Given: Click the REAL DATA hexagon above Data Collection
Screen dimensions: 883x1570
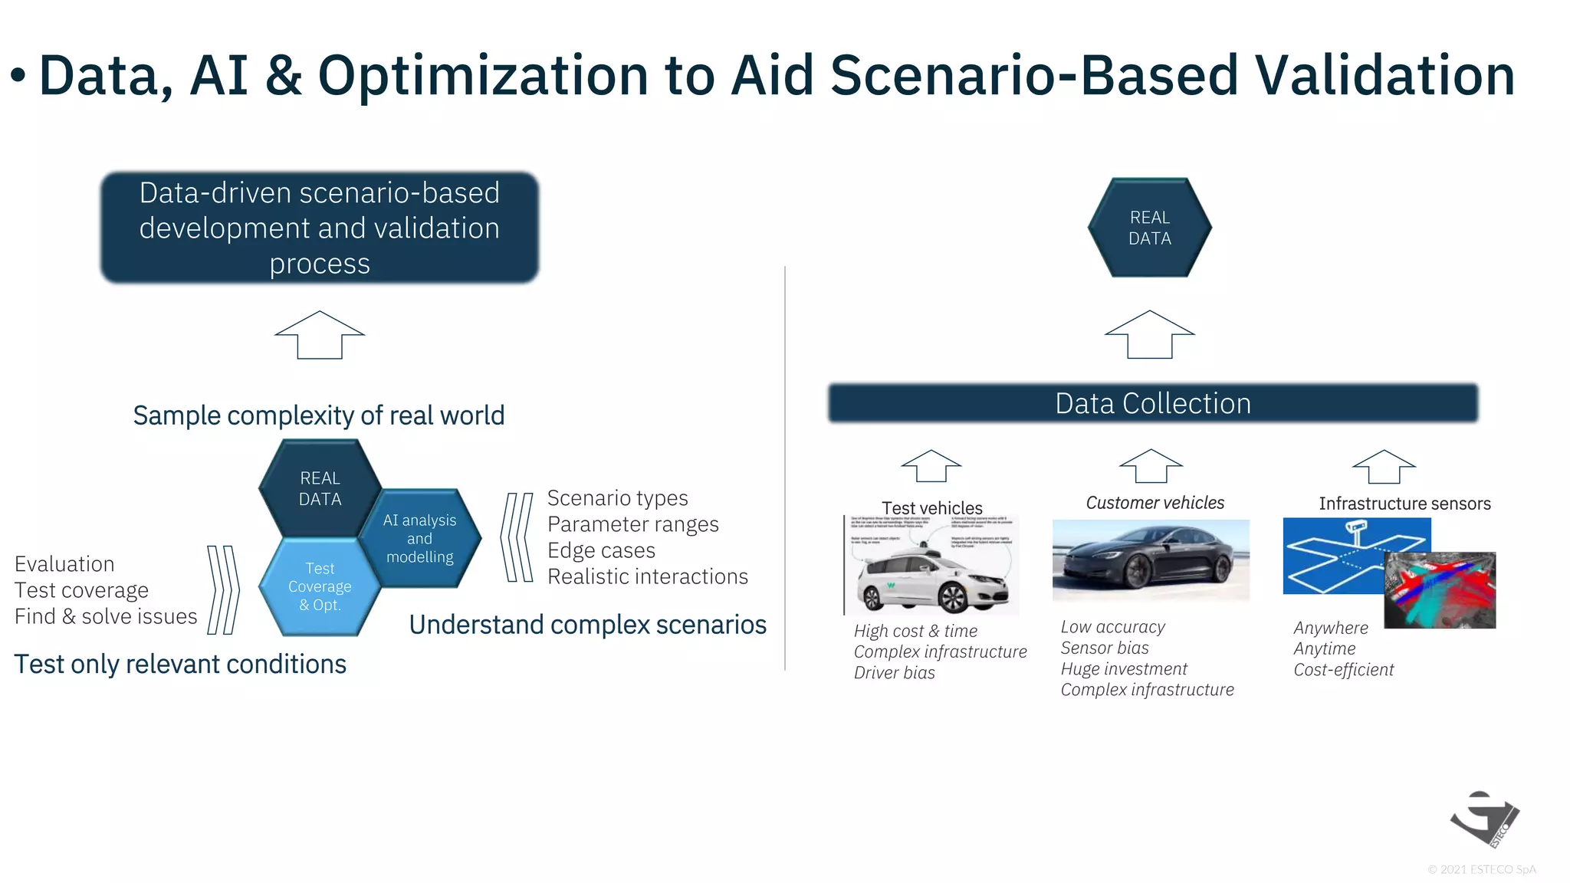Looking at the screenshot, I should click(1149, 228).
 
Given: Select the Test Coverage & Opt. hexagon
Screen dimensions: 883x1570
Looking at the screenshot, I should click(320, 587).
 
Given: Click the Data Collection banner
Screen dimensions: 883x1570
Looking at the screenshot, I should click(1152, 403).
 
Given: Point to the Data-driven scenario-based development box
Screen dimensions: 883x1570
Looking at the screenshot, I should click(320, 228).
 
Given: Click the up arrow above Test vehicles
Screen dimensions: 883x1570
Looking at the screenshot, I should click(931, 466).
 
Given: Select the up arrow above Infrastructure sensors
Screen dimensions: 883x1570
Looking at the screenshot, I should click(1384, 466).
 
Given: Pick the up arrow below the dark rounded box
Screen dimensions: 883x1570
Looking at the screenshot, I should click(320, 335).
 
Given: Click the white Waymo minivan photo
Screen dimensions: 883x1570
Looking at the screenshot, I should click(932, 567).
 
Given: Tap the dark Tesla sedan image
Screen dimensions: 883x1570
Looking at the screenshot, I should click(1150, 560).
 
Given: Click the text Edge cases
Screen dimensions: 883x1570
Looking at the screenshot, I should click(601, 550).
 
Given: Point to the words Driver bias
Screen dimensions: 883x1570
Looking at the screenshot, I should click(894, 673).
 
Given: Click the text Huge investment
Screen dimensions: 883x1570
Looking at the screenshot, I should click(1123, 669).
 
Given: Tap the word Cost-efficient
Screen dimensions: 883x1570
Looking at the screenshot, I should click(1343, 670).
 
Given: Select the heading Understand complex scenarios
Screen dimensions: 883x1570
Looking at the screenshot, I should click(587, 625).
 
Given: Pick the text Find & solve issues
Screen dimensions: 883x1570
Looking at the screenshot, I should click(106, 616).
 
